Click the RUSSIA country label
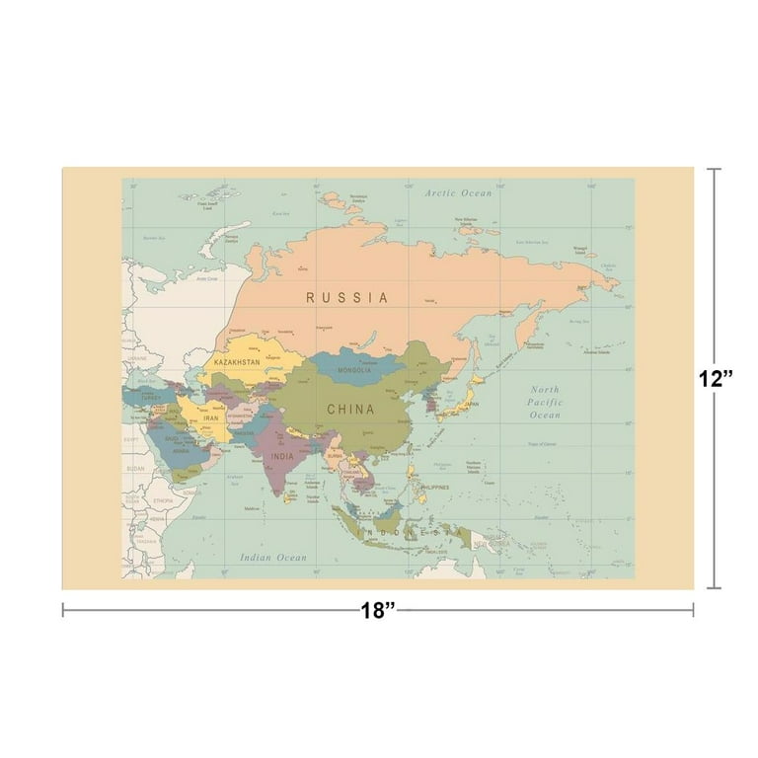tap(346, 296)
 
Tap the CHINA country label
tap(350, 409)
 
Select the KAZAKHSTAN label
tap(237, 363)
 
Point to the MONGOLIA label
tap(354, 371)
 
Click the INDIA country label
tap(282, 457)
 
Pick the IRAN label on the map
tap(211, 418)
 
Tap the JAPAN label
tap(473, 403)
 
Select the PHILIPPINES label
tap(431, 487)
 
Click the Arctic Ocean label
tap(458, 193)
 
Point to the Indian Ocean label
tap(273, 558)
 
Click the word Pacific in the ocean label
tap(545, 403)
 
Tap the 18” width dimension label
tap(378, 610)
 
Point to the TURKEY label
tap(151, 398)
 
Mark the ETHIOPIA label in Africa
tap(162, 501)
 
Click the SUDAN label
tap(135, 470)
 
